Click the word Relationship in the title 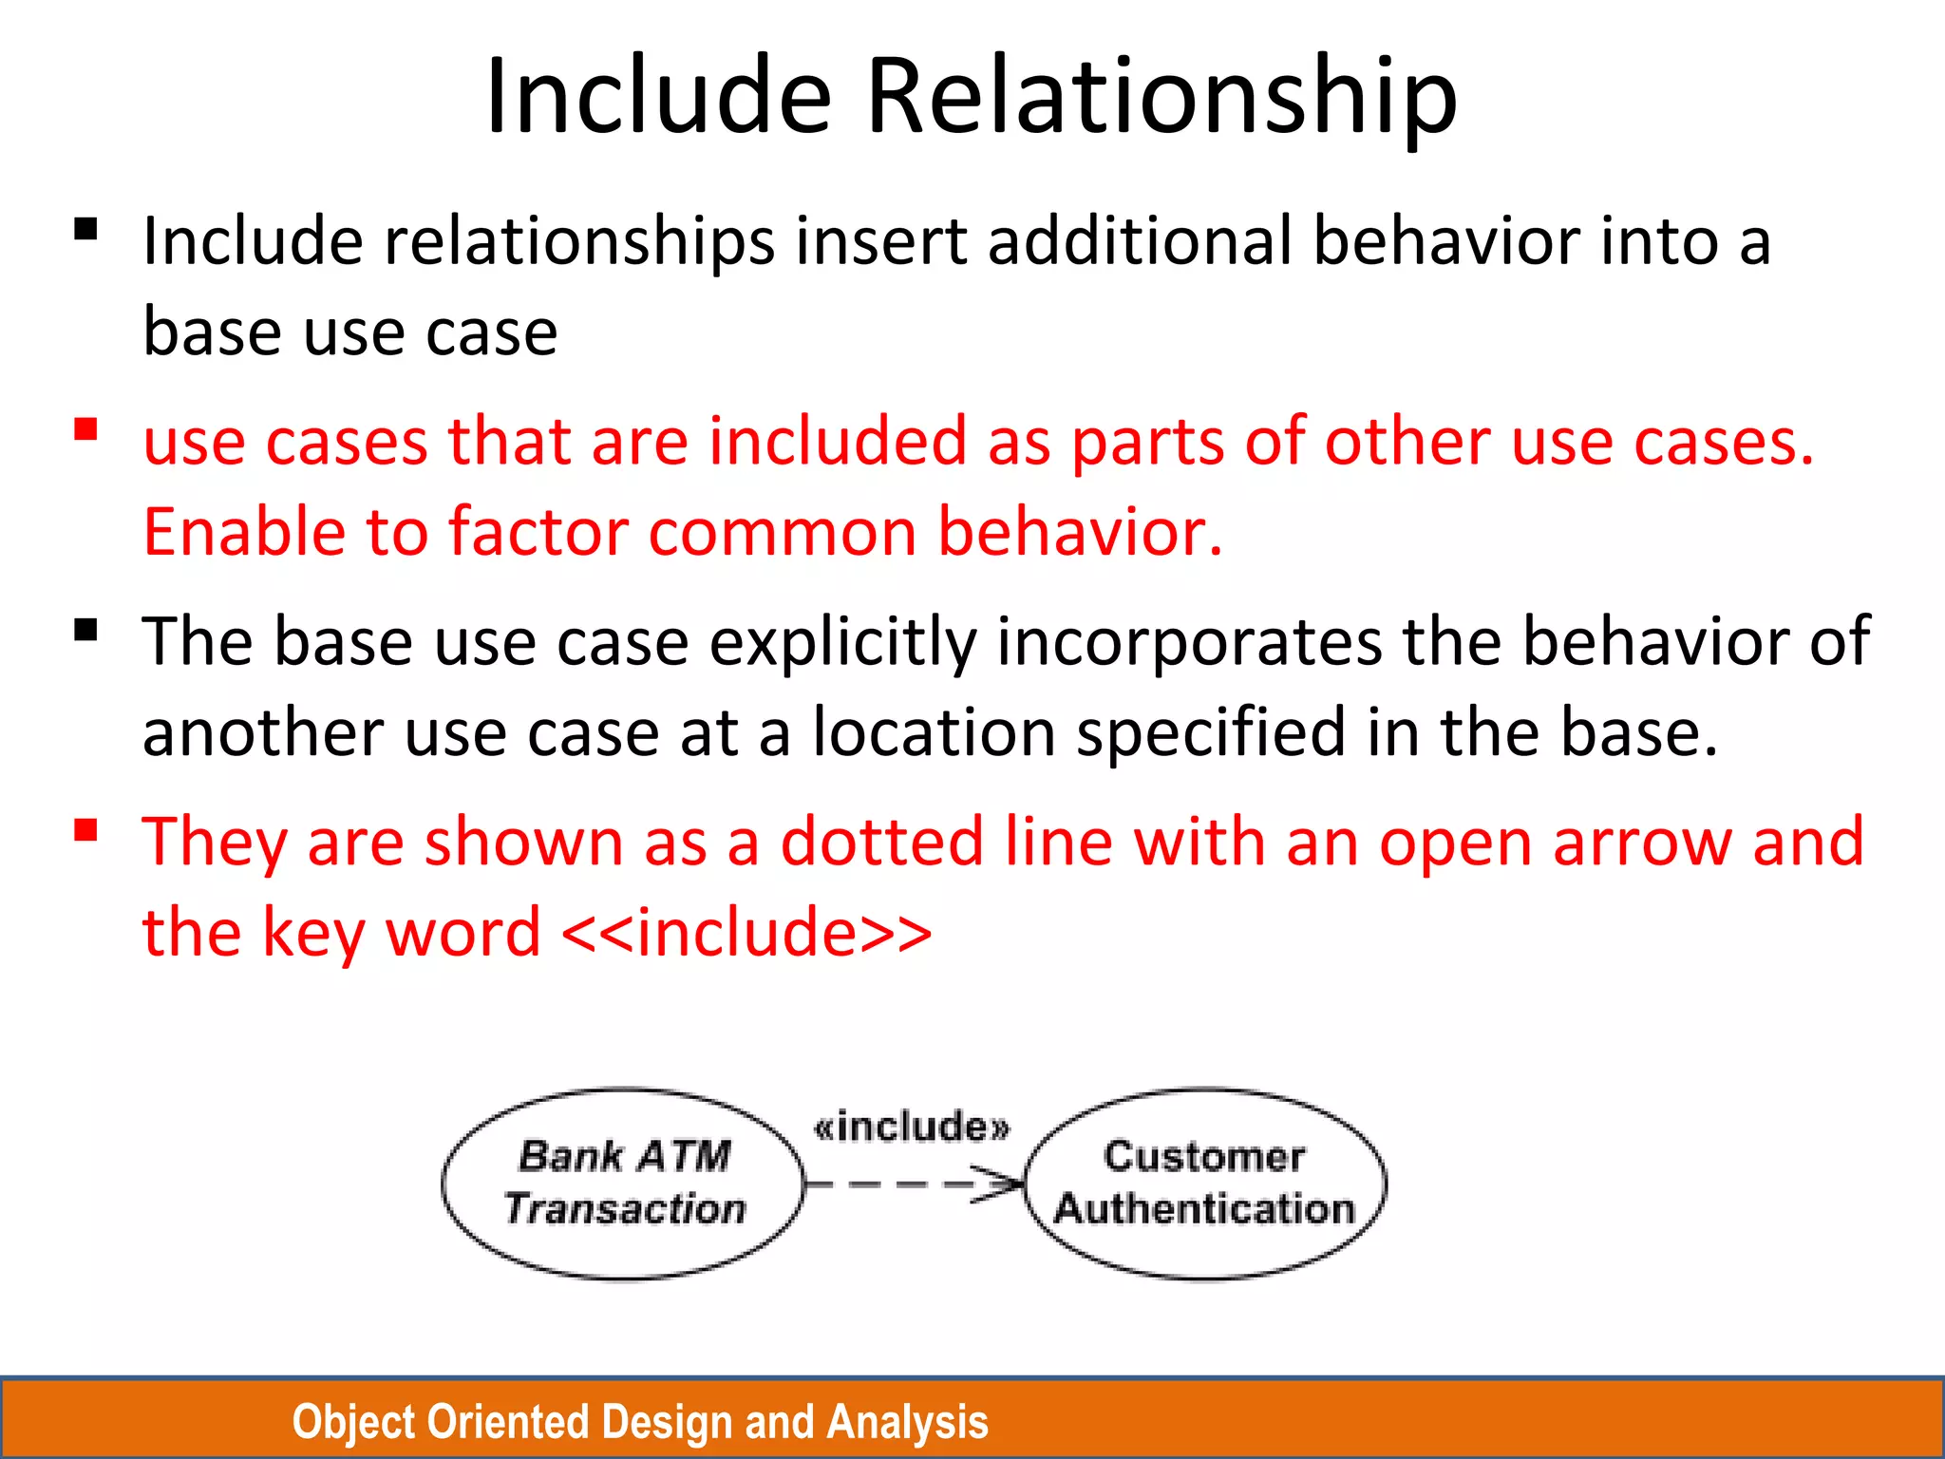click(x=1161, y=97)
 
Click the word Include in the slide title click(x=658, y=97)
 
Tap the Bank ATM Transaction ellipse click(x=623, y=1184)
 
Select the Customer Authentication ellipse click(x=1204, y=1184)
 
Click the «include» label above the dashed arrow click(x=912, y=1127)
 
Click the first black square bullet click(x=86, y=230)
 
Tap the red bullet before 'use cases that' click(x=86, y=430)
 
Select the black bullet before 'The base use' click(x=86, y=631)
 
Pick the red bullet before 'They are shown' click(x=86, y=831)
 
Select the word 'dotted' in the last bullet click(x=881, y=843)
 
